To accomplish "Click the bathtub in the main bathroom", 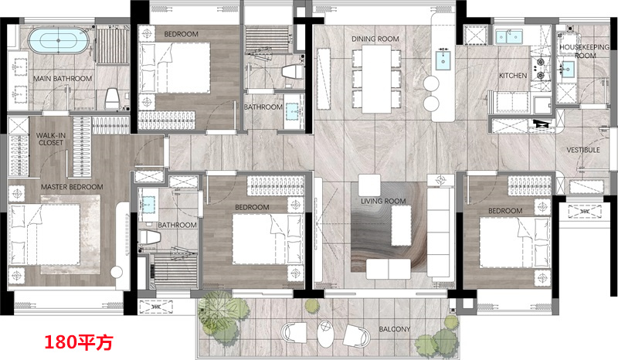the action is point(59,41).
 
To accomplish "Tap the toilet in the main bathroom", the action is point(112,99).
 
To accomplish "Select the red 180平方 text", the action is point(79,342).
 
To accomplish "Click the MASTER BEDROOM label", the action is point(72,187).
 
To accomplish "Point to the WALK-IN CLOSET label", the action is point(51,139).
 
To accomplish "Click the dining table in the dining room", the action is point(377,79).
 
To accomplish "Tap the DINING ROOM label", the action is point(375,39).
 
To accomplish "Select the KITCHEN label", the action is point(513,75).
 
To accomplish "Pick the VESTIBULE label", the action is point(583,150).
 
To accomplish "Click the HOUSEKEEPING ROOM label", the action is point(585,51).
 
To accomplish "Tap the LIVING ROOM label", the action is point(383,201).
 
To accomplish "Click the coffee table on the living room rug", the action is point(401,226).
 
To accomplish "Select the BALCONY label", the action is point(395,329).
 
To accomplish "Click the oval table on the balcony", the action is point(325,334).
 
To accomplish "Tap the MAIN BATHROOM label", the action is point(63,79).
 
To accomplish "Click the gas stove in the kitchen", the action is point(540,69).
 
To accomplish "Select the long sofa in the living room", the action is point(438,232).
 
